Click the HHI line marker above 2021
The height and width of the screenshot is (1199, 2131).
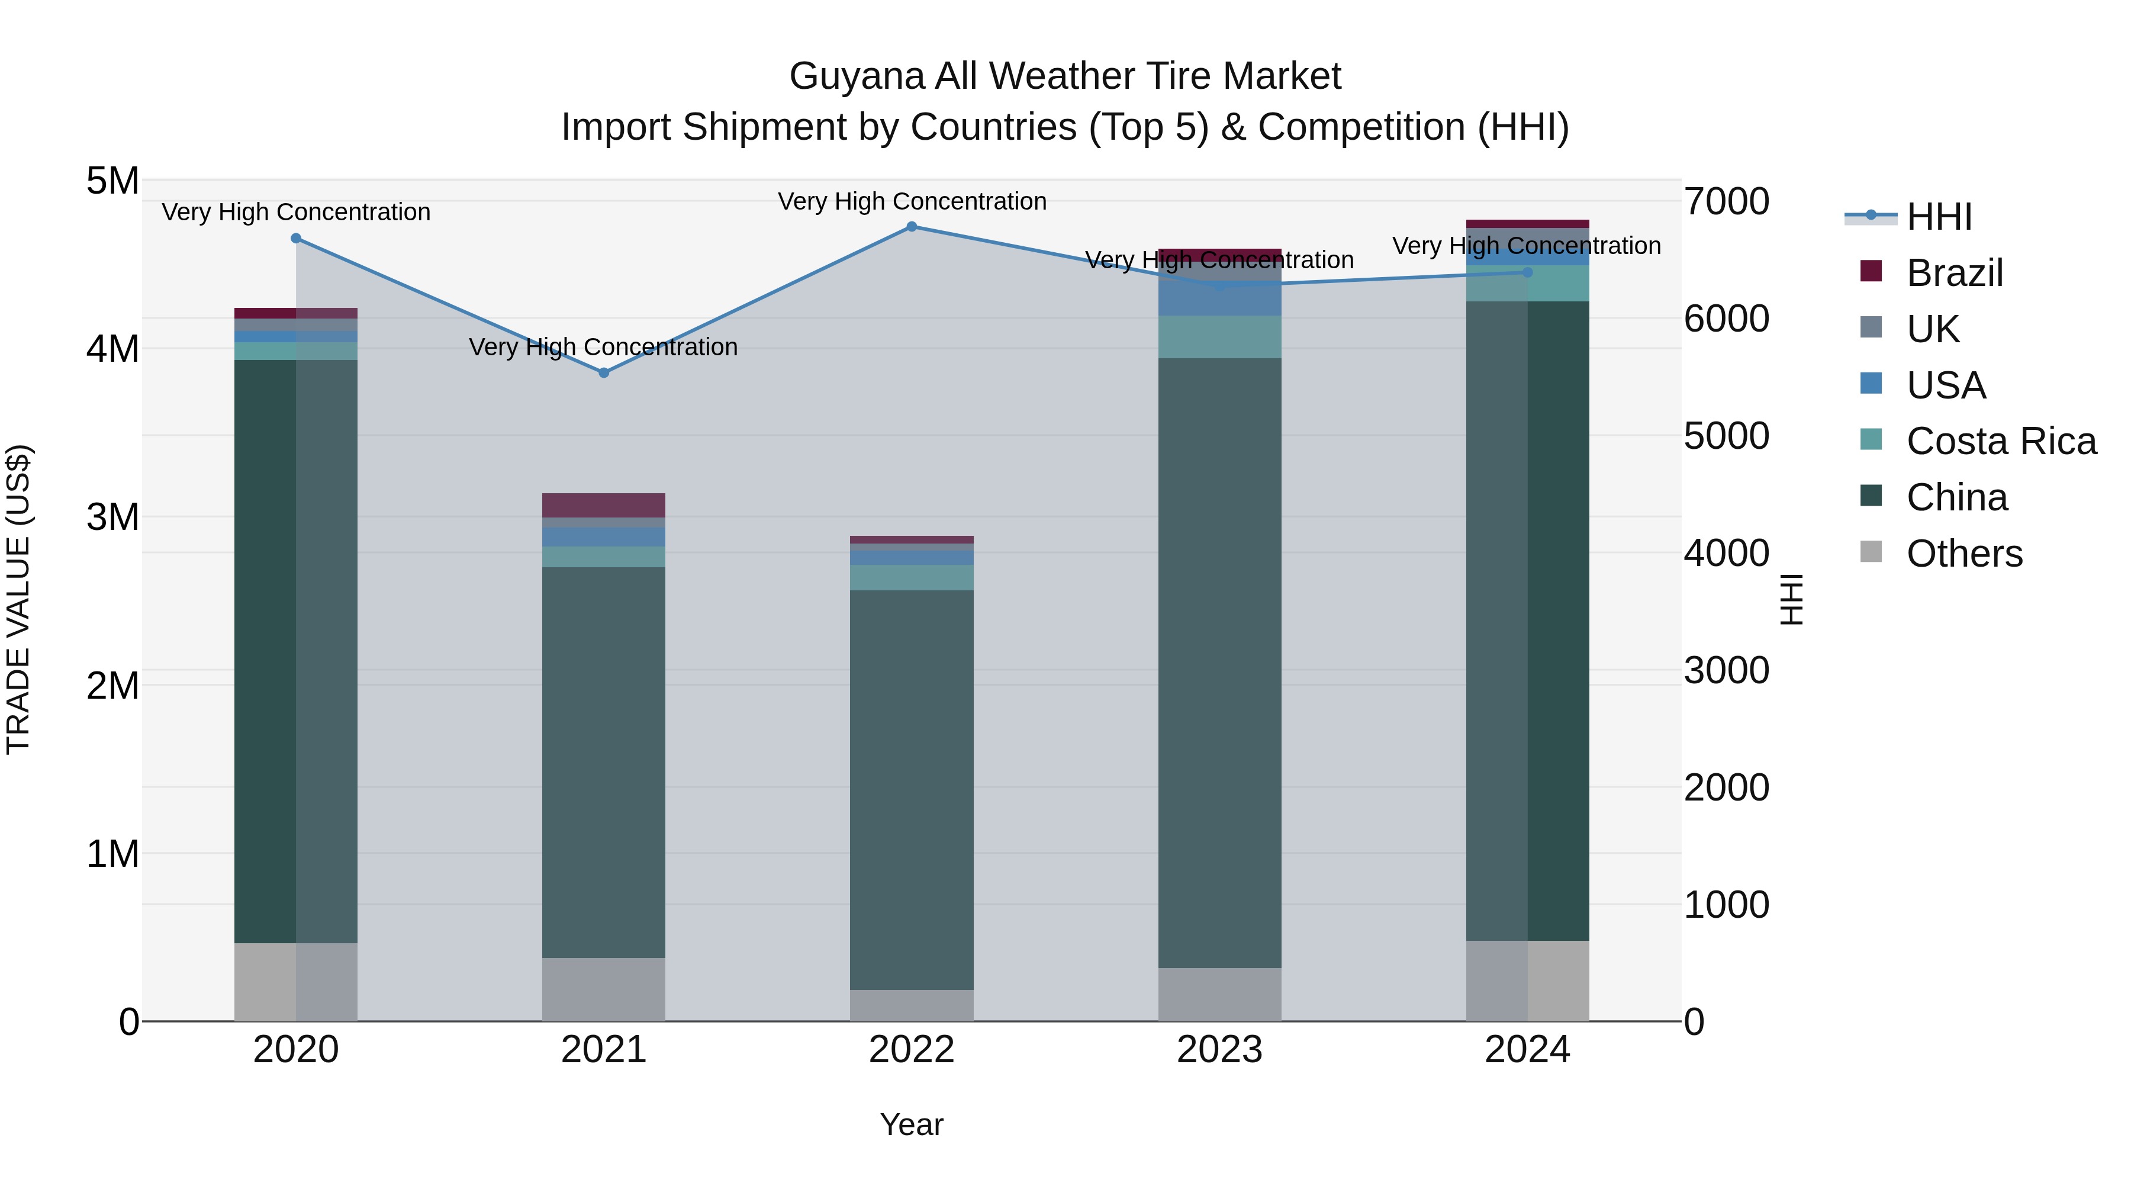point(604,373)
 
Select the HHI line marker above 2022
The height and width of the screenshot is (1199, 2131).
point(912,227)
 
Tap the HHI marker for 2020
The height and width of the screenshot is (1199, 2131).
point(296,238)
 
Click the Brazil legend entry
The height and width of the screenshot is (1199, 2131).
point(1953,273)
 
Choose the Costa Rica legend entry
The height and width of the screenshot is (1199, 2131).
point(2000,441)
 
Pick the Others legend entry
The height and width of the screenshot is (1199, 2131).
point(1964,554)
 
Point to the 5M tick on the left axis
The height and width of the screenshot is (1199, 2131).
point(112,181)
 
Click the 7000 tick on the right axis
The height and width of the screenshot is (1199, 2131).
point(1727,201)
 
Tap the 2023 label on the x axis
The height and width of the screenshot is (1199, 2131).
point(1219,1050)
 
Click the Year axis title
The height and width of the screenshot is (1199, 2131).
point(912,1124)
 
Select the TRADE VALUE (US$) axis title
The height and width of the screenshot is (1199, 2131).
point(18,599)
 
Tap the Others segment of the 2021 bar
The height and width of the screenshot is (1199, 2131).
point(604,989)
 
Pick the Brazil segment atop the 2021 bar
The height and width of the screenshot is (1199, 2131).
point(604,504)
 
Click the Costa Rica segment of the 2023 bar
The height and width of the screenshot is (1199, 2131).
point(1219,337)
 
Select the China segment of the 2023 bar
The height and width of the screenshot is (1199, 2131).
point(1219,662)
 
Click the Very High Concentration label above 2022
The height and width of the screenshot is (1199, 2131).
point(912,201)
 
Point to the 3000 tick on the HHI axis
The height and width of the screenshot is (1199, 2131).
point(1727,670)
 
